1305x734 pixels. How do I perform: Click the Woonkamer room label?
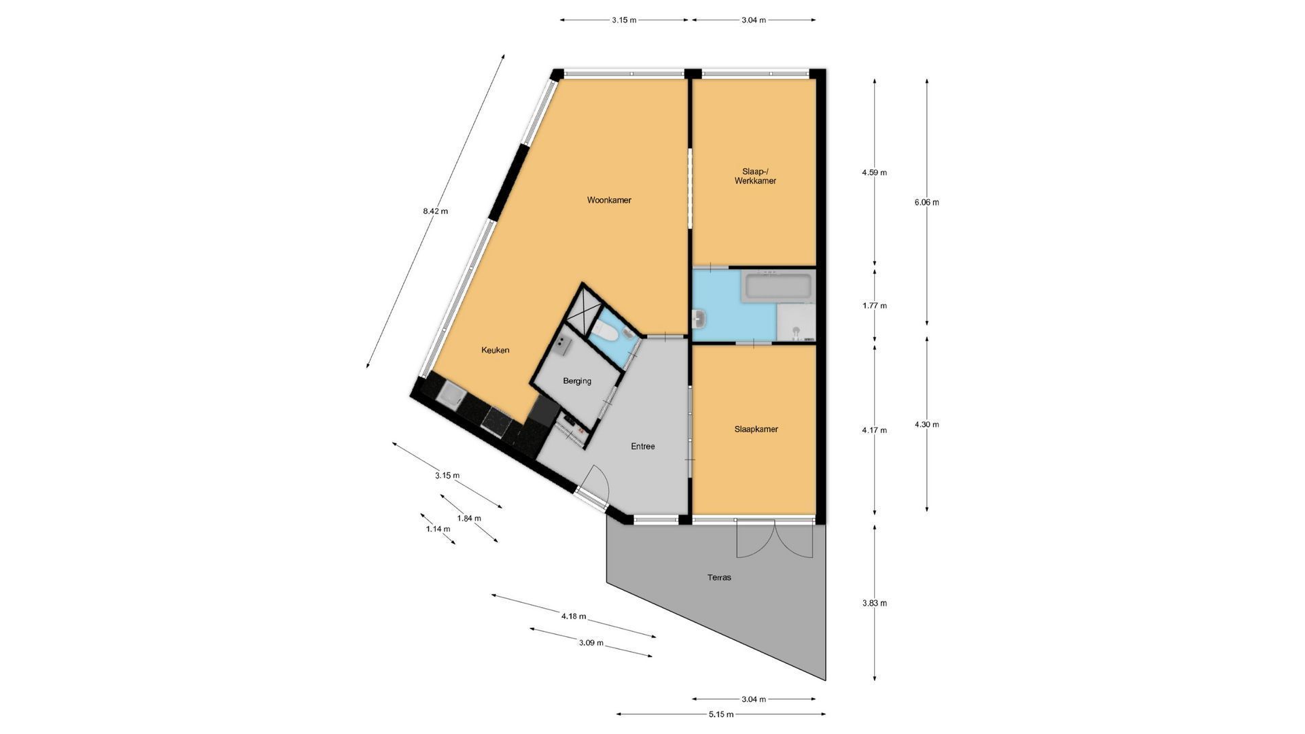(x=609, y=200)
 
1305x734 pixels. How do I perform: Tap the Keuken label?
(x=495, y=350)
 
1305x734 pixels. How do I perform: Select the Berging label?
(x=577, y=381)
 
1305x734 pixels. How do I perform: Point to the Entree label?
(x=643, y=447)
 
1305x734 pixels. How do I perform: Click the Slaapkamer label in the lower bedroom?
(x=756, y=430)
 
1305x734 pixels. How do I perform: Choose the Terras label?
(x=719, y=578)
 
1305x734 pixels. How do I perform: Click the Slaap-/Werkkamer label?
(x=755, y=176)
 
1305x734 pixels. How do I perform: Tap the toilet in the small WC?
(x=604, y=334)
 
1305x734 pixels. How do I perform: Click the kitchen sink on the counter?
(x=450, y=394)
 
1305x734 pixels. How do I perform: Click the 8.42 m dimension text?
(x=436, y=211)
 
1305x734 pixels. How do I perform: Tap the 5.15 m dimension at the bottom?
(x=720, y=714)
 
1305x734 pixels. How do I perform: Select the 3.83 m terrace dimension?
(x=874, y=603)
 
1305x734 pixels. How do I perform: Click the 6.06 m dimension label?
(x=926, y=202)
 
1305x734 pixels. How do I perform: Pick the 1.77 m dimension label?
(x=874, y=306)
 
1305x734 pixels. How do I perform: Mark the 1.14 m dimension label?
(x=438, y=529)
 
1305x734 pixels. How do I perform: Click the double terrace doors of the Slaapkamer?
(x=775, y=539)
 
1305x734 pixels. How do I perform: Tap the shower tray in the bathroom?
(x=796, y=322)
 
